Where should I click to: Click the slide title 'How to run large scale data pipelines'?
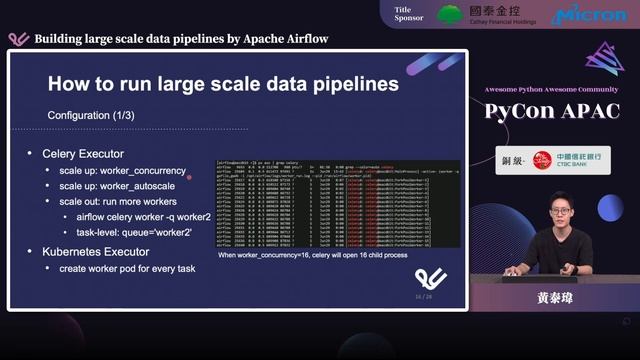click(x=223, y=84)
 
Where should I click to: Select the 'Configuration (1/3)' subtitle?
click(x=91, y=116)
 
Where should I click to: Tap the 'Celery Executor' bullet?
click(x=83, y=154)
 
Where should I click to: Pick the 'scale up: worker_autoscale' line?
click(x=118, y=186)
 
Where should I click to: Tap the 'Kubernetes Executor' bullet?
click(x=95, y=251)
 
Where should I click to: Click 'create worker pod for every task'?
click(x=126, y=269)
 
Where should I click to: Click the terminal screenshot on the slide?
click(x=339, y=204)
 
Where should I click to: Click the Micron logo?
click(x=589, y=15)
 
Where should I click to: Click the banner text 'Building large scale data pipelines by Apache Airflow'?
click(x=181, y=39)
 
